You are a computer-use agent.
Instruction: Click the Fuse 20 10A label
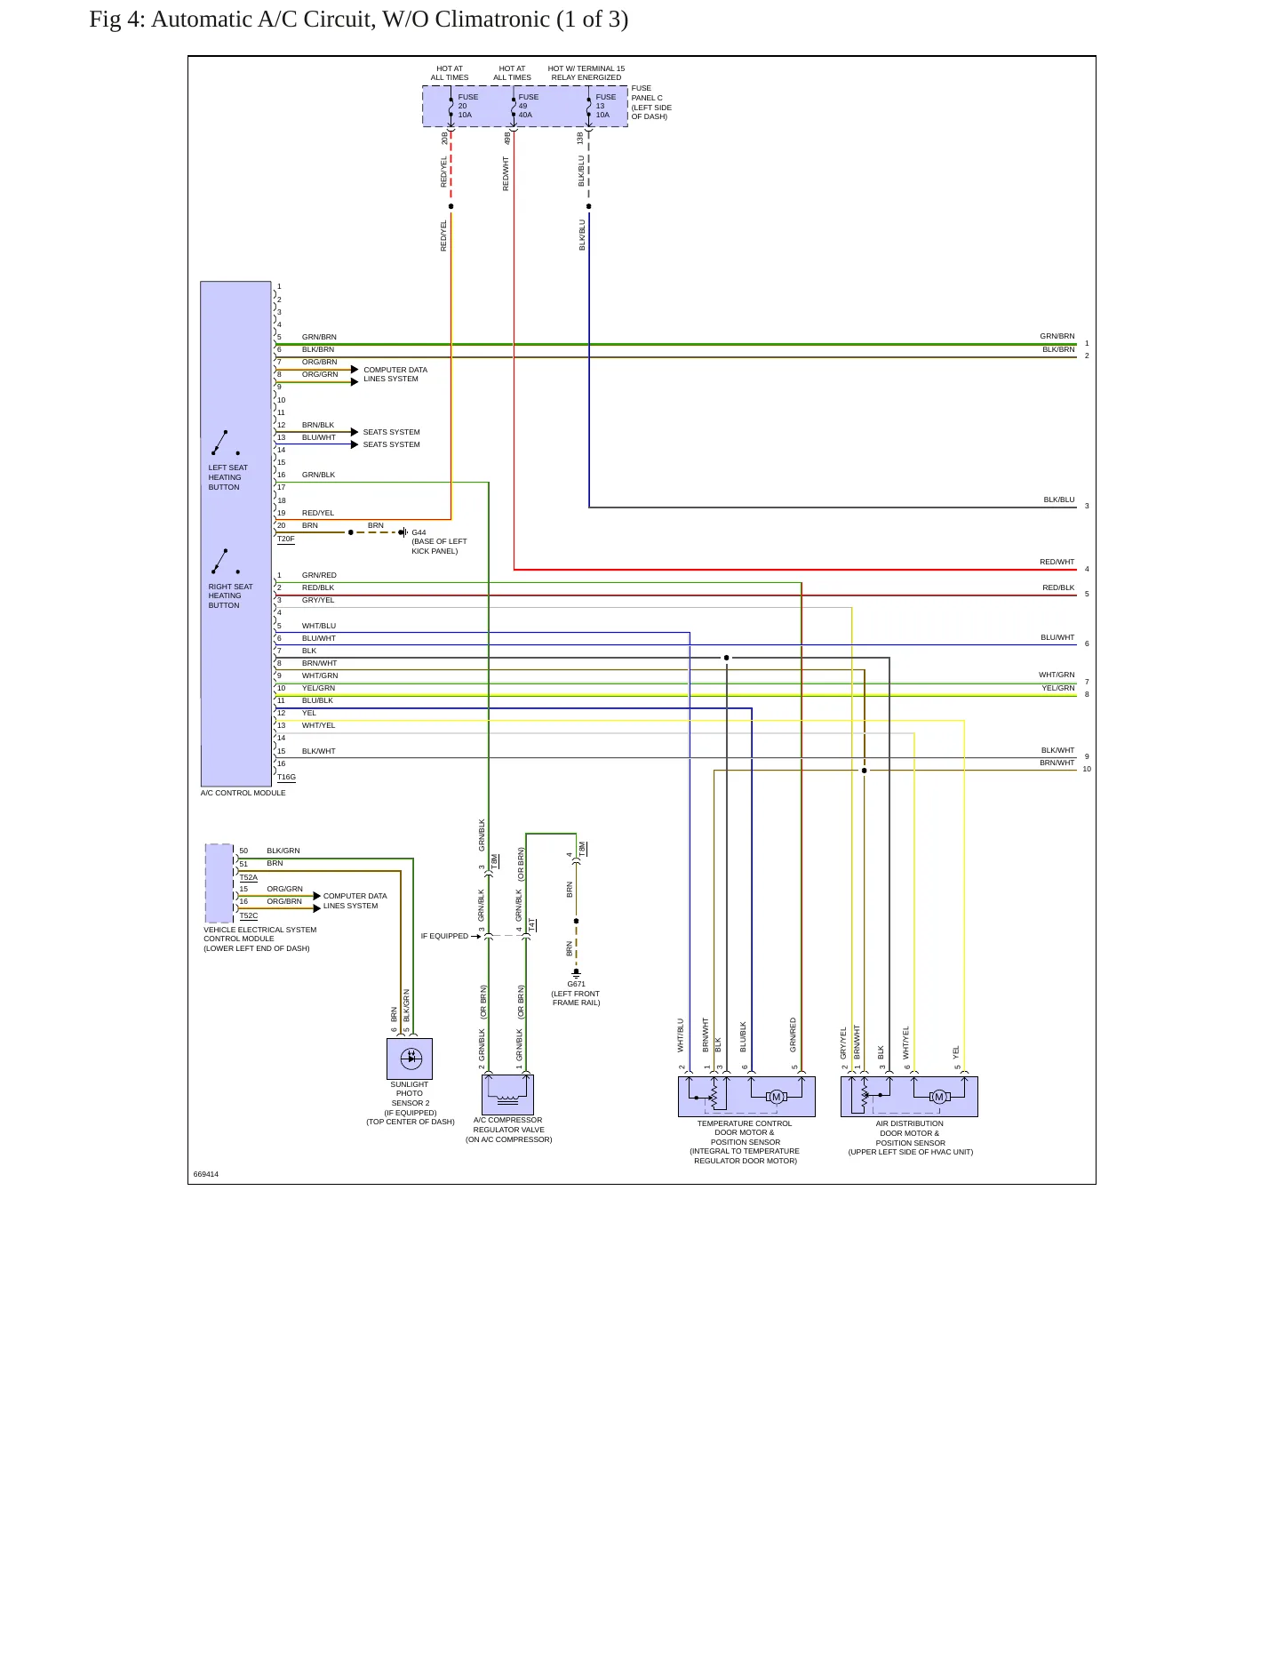(x=467, y=106)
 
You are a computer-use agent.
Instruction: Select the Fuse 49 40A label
(x=528, y=106)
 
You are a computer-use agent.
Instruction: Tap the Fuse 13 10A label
(x=605, y=106)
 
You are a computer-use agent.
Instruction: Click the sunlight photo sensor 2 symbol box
(x=410, y=1059)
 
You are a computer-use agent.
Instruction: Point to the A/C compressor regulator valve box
(x=508, y=1094)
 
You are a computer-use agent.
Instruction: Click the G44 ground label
(x=419, y=533)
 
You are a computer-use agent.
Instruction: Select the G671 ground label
(x=577, y=984)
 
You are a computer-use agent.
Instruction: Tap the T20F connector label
(x=285, y=539)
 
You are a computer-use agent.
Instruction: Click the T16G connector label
(x=286, y=778)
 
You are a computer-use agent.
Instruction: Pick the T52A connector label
(x=248, y=878)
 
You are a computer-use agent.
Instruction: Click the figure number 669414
(x=206, y=1174)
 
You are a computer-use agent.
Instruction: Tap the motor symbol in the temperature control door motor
(x=777, y=1097)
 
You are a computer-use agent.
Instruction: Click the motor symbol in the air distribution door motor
(x=939, y=1097)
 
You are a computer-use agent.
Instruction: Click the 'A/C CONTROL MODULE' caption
(x=243, y=793)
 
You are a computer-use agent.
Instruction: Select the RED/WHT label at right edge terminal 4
(x=1057, y=563)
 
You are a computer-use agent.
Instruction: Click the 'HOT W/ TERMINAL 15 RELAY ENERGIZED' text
(x=586, y=73)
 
